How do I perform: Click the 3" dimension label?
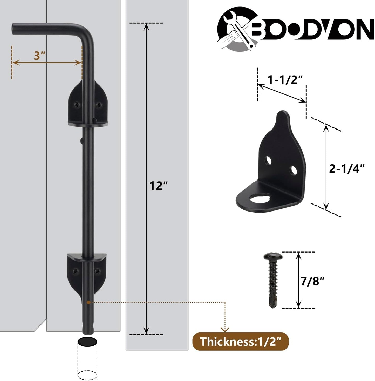click(x=39, y=56)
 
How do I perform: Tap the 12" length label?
click(x=159, y=186)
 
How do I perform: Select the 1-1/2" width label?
click(x=285, y=80)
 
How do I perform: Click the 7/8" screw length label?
click(x=313, y=281)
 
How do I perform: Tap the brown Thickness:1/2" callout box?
click(x=240, y=342)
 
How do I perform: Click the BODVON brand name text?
click(x=311, y=30)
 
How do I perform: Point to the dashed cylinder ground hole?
click(x=88, y=359)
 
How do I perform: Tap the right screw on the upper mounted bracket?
click(x=99, y=105)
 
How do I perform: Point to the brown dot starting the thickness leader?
click(x=88, y=302)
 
